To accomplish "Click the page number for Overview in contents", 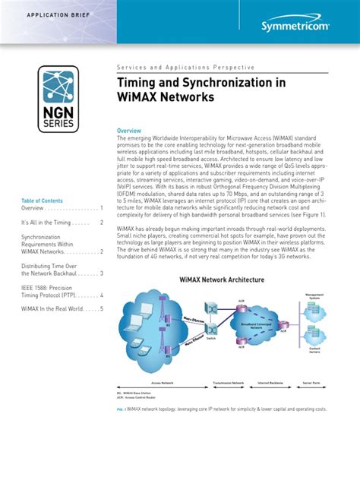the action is pyautogui.click(x=101, y=207).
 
